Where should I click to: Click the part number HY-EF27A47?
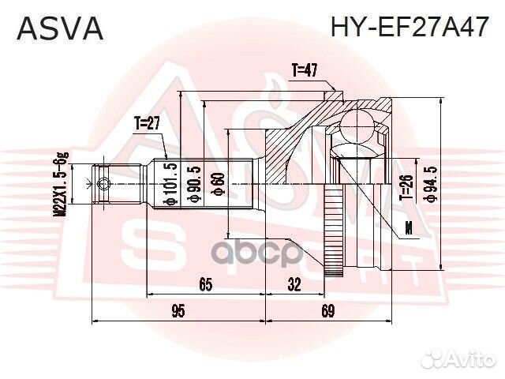tap(410, 27)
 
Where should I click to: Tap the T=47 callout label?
tap(305, 70)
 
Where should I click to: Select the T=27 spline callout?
tap(148, 123)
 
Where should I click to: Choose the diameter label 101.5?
tap(170, 183)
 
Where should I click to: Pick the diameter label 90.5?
tap(194, 185)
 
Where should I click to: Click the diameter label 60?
tap(217, 184)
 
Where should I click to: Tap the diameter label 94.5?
tap(431, 185)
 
